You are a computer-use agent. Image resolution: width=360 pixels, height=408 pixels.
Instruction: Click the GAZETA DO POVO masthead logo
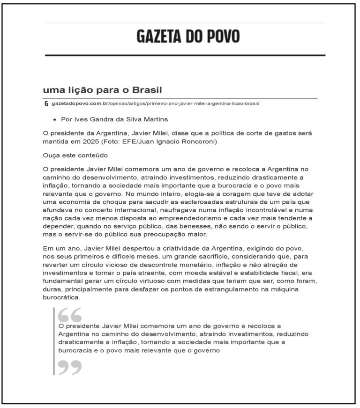[x=188, y=36]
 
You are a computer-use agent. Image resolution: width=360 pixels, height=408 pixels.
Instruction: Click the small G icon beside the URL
[x=46, y=103]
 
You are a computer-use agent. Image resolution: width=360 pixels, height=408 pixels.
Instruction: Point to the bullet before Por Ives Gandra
[x=55, y=120]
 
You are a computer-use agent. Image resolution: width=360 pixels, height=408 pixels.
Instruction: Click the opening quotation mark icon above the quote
[x=70, y=314]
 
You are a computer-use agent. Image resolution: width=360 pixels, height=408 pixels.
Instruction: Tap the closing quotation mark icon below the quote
[x=70, y=367]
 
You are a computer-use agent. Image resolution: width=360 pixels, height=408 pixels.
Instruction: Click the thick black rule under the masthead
[x=185, y=55]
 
